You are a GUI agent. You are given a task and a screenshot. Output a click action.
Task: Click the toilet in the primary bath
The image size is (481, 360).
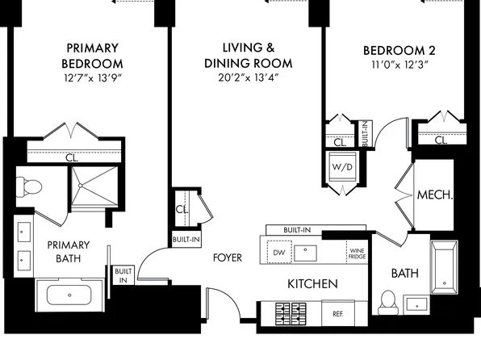click(29, 186)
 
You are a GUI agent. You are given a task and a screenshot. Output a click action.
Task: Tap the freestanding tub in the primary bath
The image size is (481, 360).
click(69, 295)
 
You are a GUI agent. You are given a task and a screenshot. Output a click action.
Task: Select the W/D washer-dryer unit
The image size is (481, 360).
click(342, 167)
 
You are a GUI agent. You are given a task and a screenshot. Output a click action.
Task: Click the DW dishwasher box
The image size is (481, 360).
click(279, 253)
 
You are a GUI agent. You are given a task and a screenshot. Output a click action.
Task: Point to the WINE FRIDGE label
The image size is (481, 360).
click(357, 253)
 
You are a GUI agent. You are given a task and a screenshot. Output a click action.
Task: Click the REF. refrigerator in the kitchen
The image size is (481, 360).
click(338, 313)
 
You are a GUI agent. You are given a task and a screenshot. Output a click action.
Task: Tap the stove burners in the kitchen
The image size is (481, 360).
click(291, 314)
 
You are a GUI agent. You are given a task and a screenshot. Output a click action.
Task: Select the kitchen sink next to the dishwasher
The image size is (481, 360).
click(305, 253)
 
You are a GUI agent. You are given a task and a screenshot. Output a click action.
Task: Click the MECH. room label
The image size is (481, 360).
click(435, 195)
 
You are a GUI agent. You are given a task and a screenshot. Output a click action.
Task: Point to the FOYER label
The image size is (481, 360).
click(228, 257)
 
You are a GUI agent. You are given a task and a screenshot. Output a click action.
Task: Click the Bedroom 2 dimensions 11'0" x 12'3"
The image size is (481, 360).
click(399, 65)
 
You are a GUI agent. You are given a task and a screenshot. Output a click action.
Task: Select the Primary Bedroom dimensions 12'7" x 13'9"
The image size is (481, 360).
click(92, 78)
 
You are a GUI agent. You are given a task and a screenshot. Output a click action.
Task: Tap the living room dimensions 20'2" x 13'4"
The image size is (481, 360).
click(249, 77)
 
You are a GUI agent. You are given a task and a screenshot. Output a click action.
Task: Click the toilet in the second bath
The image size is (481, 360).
click(388, 303)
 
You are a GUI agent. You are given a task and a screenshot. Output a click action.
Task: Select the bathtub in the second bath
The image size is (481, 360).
click(444, 267)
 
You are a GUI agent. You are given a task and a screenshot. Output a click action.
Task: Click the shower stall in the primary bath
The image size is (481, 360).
click(94, 186)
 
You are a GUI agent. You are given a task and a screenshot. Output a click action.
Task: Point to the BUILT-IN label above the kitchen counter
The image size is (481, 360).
click(297, 230)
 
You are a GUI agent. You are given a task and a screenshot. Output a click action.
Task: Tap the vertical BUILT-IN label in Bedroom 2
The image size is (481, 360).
click(365, 133)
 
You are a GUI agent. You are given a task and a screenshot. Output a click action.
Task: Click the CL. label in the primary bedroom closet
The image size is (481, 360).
click(72, 157)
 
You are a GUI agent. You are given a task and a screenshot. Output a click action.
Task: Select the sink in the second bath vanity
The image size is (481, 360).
click(416, 304)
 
